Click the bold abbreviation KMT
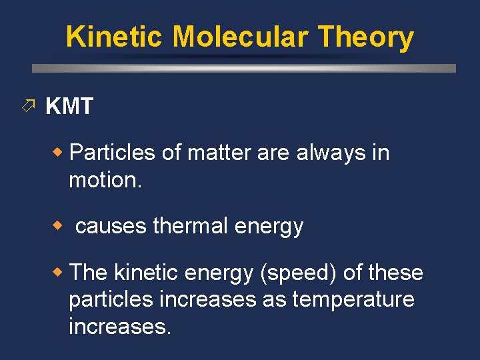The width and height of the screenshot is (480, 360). pyautogui.click(x=69, y=106)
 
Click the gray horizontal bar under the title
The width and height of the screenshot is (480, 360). pyautogui.click(x=244, y=68)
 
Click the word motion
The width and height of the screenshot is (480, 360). pyautogui.click(x=105, y=179)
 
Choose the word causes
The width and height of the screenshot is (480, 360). pyautogui.click(x=111, y=226)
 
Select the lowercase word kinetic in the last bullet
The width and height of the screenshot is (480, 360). pyautogui.click(x=147, y=273)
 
